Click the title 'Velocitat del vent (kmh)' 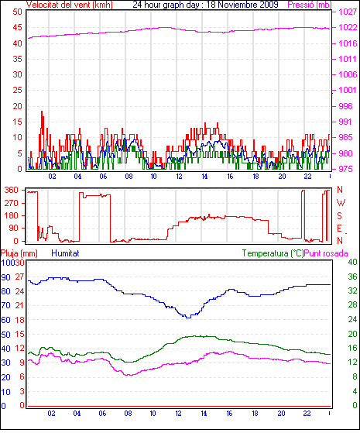pyautogui.click(x=70, y=5)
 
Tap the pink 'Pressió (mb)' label pyautogui.click(x=310, y=5)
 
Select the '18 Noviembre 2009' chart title pyautogui.click(x=242, y=5)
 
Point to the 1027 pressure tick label pyautogui.click(x=348, y=12)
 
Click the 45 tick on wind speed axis pyautogui.click(x=17, y=28)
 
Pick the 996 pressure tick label pyautogui.click(x=345, y=106)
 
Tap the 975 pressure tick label pyautogui.click(x=345, y=169)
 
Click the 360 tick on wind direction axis pyautogui.click(x=12, y=191)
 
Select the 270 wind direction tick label pyautogui.click(x=12, y=203)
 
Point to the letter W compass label pyautogui.click(x=341, y=203)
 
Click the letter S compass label pyautogui.click(x=340, y=215)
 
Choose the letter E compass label pyautogui.click(x=340, y=229)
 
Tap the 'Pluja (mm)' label pyautogui.click(x=19, y=253)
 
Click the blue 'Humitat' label pyautogui.click(x=66, y=253)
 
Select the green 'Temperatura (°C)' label pyautogui.click(x=273, y=253)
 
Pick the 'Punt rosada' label pyautogui.click(x=326, y=253)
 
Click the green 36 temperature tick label pyautogui.click(x=352, y=277)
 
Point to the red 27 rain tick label pyautogui.click(x=19, y=277)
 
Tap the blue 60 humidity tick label pyautogui.click(x=5, y=320)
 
